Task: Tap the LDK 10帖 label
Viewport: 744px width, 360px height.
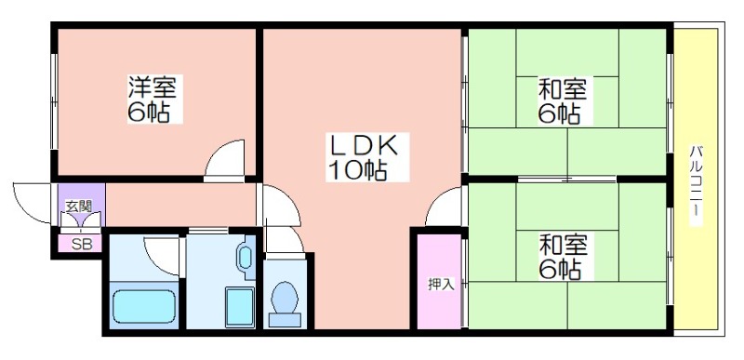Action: pos(367,157)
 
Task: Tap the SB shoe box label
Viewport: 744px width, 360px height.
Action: pos(80,245)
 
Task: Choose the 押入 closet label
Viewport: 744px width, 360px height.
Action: pos(441,284)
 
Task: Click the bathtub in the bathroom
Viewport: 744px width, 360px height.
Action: pos(145,306)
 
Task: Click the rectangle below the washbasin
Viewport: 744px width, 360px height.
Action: pos(240,307)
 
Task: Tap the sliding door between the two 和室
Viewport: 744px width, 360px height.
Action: pos(567,180)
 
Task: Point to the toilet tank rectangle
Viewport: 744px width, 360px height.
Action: pos(285,320)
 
